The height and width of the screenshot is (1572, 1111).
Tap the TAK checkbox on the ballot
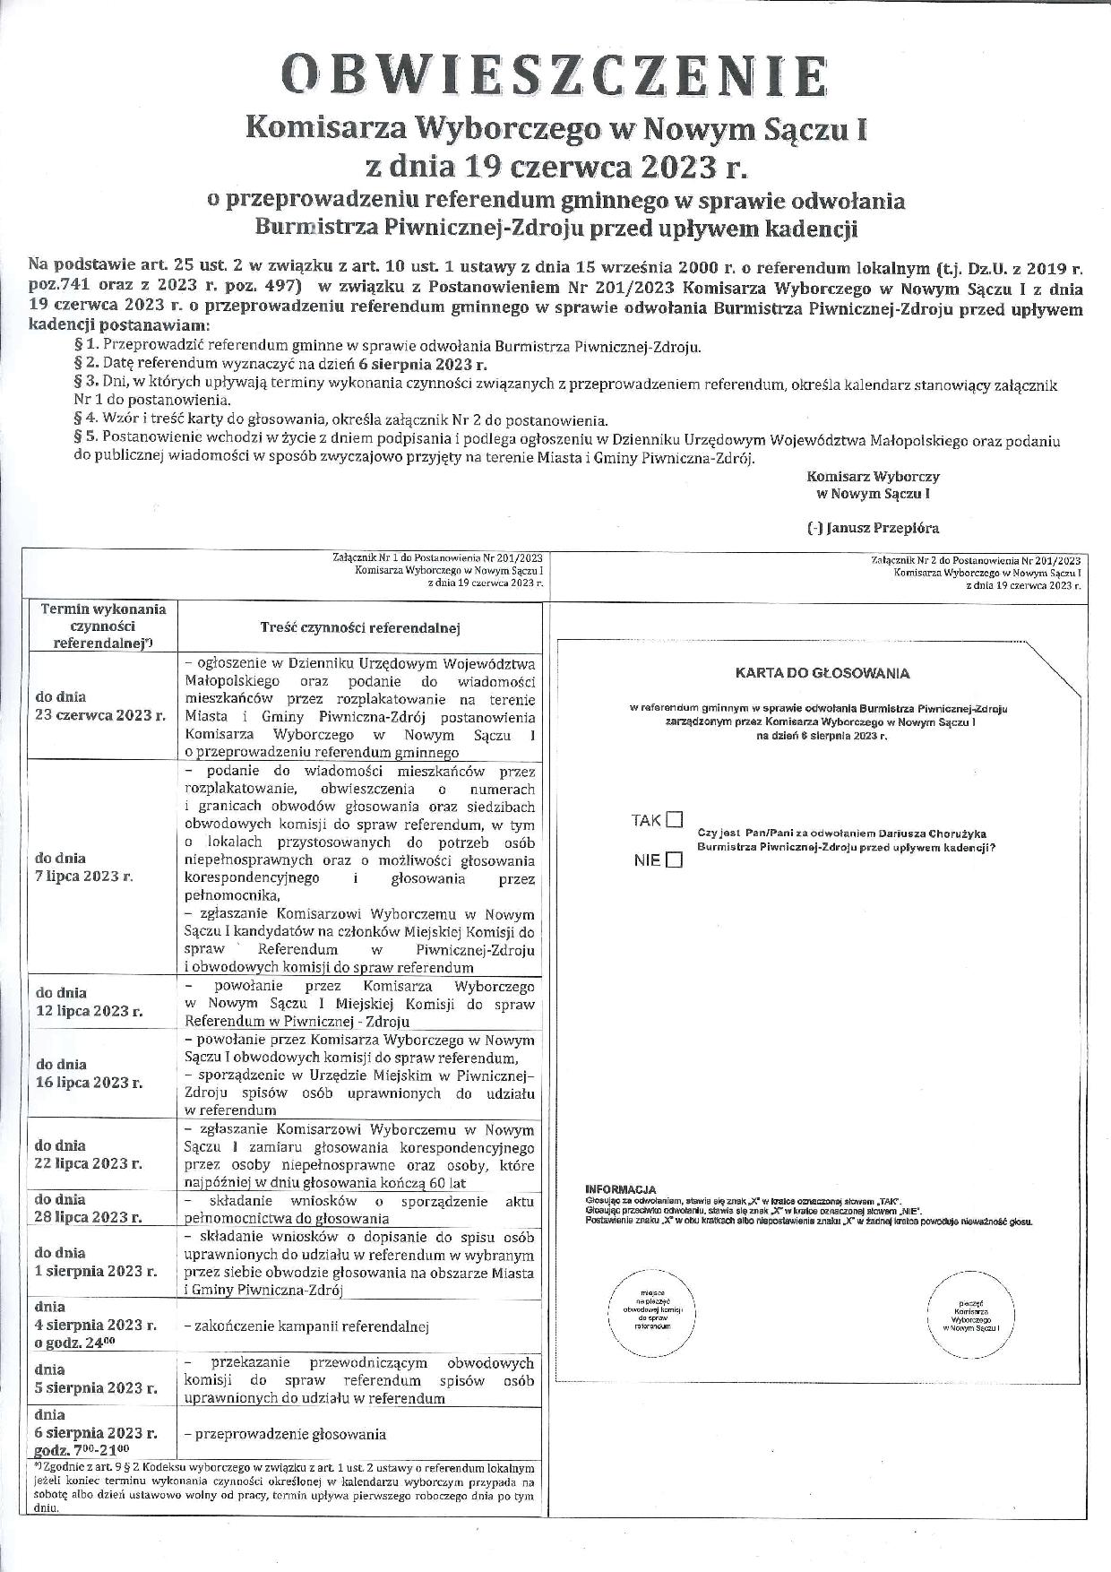(x=675, y=819)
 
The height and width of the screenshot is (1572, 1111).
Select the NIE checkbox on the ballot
(x=675, y=860)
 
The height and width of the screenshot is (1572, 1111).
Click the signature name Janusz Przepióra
(x=874, y=528)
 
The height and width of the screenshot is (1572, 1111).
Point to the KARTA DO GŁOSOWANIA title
(x=822, y=673)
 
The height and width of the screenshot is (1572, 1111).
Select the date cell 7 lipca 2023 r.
(x=84, y=867)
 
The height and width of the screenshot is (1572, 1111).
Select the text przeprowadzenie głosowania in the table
(x=285, y=1434)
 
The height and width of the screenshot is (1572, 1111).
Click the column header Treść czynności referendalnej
(x=360, y=627)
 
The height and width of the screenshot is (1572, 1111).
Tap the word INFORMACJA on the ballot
(x=620, y=1189)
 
